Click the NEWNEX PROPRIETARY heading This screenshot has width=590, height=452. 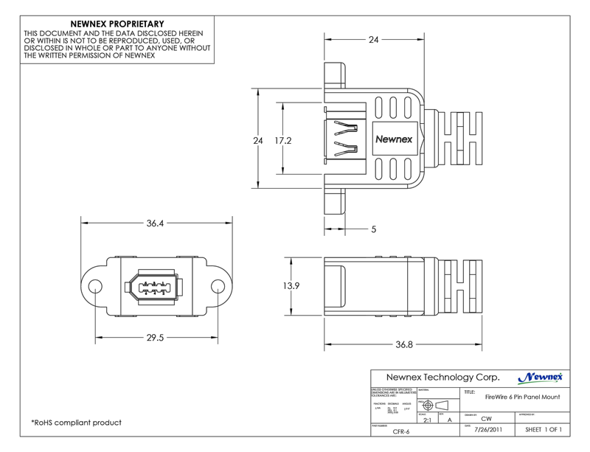pyautogui.click(x=117, y=24)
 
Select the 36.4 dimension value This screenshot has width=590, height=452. pyautogui.click(x=155, y=222)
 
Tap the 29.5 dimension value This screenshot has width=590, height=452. pyautogui.click(x=155, y=338)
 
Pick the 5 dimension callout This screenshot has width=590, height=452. pyautogui.click(x=374, y=230)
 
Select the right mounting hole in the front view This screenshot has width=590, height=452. pyautogui.click(x=218, y=285)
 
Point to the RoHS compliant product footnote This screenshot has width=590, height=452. pyautogui.click(x=76, y=423)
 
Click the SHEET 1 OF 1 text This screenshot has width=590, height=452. pyautogui.click(x=544, y=429)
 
